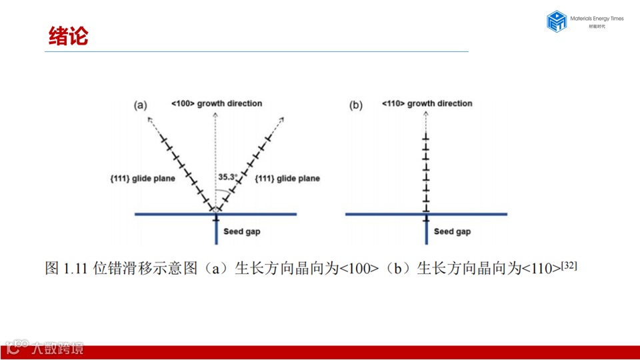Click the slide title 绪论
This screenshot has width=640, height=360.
tap(69, 36)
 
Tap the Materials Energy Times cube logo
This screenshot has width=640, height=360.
tap(556, 21)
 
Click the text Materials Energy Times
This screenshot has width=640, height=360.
tap(597, 19)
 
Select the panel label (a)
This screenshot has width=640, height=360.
tap(140, 105)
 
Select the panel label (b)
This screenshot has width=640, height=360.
tap(356, 105)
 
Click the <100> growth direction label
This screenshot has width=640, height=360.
tap(217, 103)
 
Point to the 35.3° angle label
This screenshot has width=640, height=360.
tap(228, 177)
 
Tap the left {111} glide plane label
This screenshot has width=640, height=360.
tap(143, 179)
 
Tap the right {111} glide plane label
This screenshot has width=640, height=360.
tap(288, 179)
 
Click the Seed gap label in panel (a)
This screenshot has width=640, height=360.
tap(242, 231)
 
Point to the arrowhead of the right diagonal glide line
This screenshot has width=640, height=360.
tap(283, 119)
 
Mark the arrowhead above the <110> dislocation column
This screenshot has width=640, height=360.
tap(426, 114)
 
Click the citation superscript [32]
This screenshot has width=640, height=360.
tap(569, 265)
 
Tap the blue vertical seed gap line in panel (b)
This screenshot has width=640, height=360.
tap(426, 232)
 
